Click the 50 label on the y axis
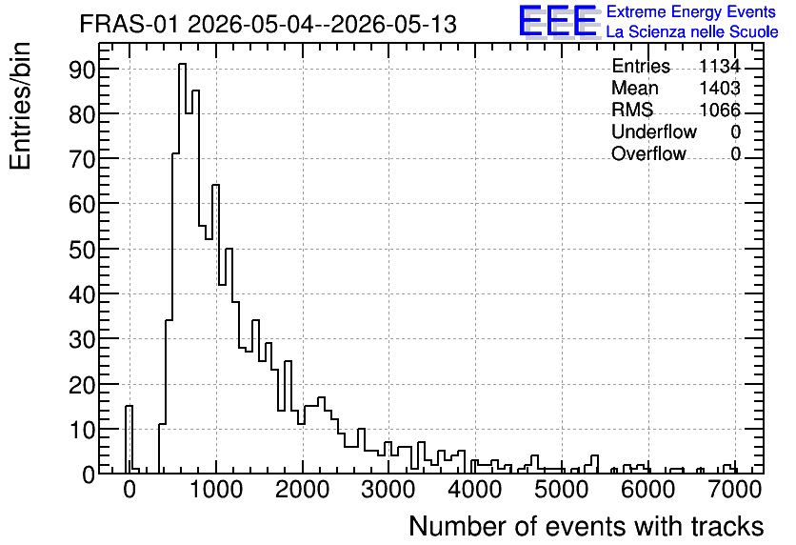82,250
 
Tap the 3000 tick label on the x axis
389,490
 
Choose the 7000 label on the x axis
734,490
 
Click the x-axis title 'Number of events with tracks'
587,526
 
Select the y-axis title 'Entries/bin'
20,107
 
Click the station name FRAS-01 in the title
129,24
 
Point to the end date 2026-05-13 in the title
394,24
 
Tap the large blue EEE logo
559,22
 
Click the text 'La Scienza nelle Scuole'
692,32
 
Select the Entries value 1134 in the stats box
719,66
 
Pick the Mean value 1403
719,88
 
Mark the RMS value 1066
719,110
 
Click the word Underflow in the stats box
654,131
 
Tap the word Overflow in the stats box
648,153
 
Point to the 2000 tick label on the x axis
303,490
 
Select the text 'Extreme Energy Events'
691,11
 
